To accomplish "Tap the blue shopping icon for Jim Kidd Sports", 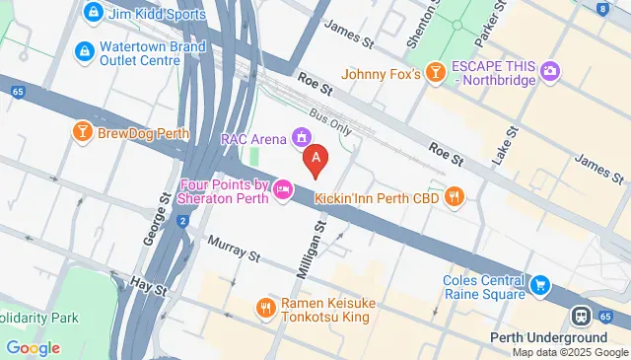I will point(94,12).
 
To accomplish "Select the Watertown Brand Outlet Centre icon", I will point(84,49).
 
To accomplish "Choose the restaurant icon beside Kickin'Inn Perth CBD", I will point(454,196).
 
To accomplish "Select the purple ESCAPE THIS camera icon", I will point(550,69).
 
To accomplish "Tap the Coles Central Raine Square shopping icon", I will point(539,286).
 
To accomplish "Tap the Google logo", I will point(33,347).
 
